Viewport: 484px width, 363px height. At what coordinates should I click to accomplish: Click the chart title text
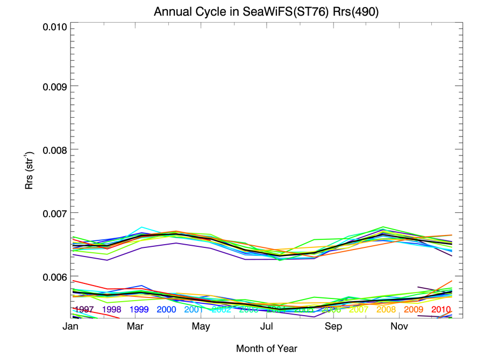[x=267, y=12]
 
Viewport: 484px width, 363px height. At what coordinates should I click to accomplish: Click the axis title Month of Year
[x=267, y=348]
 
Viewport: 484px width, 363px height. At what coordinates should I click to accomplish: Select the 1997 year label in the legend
[x=84, y=309]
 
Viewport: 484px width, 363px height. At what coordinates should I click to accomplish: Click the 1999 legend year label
[x=139, y=309]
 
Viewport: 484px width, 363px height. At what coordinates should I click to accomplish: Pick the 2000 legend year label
[x=167, y=309]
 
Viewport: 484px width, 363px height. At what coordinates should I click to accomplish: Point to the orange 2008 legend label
[x=386, y=309]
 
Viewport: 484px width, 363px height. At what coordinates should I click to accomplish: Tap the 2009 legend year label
[x=414, y=309]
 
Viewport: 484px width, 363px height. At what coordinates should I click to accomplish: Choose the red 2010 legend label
[x=441, y=309]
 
